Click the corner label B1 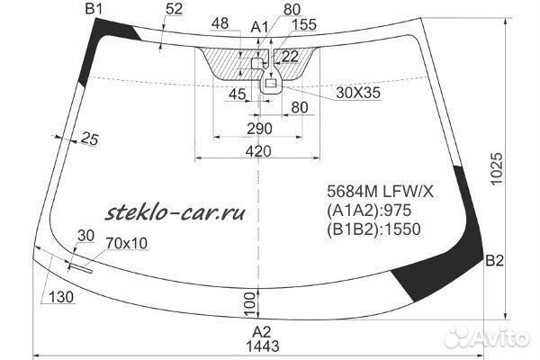point(94,9)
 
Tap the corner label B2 point(494,261)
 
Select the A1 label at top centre point(259,27)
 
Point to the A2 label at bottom point(262,332)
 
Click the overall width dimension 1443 point(263,346)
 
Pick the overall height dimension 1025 point(497,169)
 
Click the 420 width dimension point(258,151)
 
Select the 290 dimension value point(259,129)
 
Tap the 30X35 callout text point(358,93)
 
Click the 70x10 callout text point(127,243)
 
